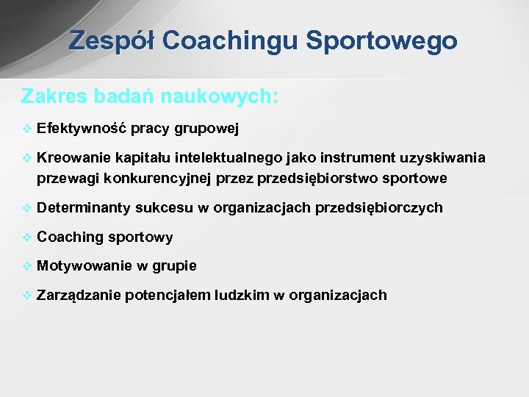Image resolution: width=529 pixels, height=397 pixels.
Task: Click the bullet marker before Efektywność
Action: coord(27,129)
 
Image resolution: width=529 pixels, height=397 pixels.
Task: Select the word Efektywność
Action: coord(82,129)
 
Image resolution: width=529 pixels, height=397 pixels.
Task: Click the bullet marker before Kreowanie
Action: coord(27,158)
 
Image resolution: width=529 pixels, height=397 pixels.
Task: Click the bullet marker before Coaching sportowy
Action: coord(27,237)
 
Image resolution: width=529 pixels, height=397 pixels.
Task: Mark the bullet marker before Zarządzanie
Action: coord(27,296)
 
